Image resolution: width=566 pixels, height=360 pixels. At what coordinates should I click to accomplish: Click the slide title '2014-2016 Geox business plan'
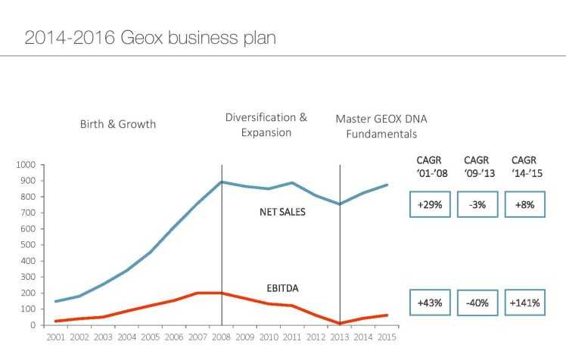coord(150,37)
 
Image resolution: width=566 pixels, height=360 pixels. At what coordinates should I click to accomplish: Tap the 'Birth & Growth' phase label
coord(117,124)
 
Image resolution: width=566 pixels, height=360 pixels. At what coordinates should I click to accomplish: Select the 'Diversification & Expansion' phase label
coord(266,125)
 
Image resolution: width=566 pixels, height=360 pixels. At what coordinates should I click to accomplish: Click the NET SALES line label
coord(282,213)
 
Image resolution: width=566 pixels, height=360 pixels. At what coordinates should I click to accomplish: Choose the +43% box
coord(429,303)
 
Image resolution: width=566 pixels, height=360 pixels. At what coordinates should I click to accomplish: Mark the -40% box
coord(477,303)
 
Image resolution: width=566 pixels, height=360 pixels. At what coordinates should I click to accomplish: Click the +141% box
coord(524,303)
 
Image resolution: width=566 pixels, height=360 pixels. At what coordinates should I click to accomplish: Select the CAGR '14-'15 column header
coord(525,167)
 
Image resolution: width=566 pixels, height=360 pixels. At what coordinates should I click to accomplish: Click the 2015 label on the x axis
coord(387,337)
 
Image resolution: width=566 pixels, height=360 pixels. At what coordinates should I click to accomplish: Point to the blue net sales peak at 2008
coord(222,182)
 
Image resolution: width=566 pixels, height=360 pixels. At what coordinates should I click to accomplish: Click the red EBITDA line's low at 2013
coord(340,324)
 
